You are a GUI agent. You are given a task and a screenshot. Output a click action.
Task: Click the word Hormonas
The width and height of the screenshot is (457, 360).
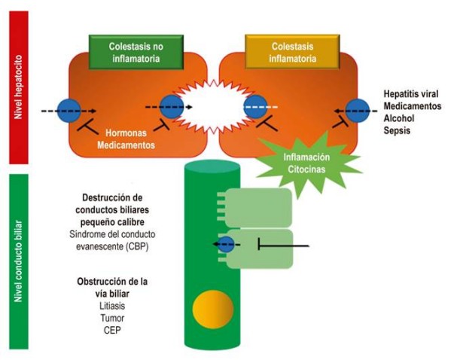click(126, 129)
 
